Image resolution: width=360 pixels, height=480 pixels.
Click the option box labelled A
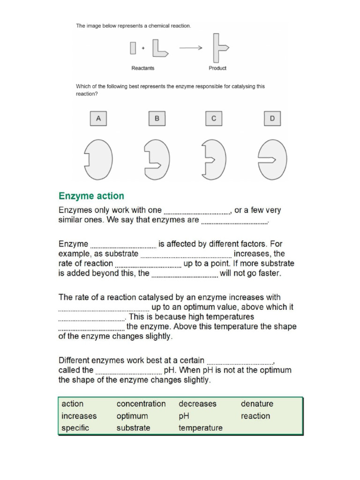98,119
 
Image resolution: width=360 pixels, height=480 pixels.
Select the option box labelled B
157,119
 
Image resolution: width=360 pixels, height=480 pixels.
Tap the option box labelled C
214,119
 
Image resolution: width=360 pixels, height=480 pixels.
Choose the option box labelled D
272,119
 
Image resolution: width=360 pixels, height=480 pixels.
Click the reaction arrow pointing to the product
190,47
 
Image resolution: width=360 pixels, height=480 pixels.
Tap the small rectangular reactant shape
133,47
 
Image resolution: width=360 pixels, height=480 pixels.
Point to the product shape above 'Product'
218,47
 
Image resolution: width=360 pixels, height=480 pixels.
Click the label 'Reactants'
142,68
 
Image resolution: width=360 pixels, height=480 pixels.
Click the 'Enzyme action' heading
91,196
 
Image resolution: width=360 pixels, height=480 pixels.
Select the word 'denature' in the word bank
257,404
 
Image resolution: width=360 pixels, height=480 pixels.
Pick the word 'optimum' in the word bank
132,416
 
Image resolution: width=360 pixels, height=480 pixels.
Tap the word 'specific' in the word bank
75,428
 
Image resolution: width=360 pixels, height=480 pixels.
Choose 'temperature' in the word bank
201,428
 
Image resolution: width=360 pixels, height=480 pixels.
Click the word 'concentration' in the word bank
141,404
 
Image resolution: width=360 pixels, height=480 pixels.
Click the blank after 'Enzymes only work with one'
197,212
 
